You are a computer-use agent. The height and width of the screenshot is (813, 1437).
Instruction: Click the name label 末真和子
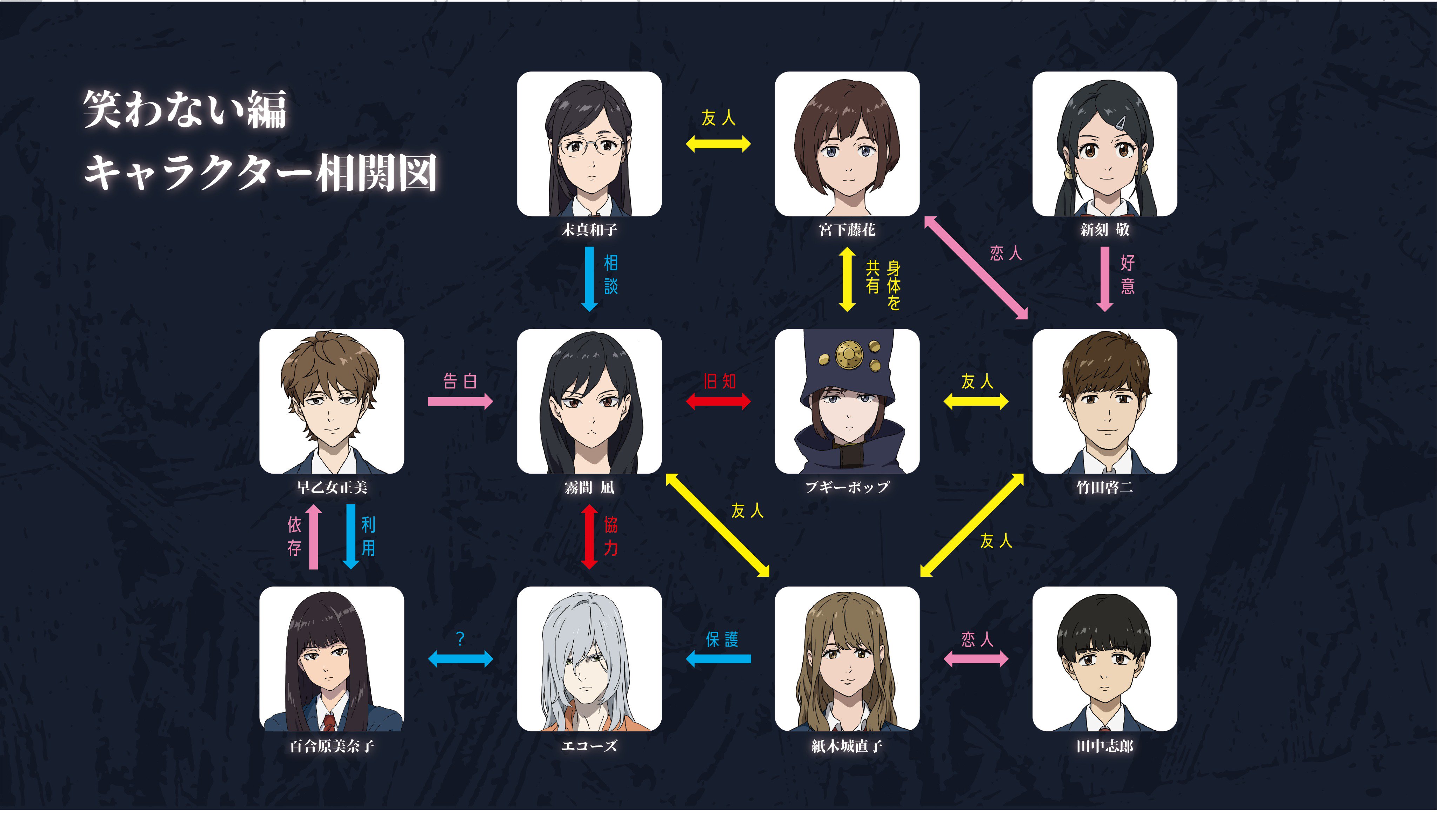tap(589, 230)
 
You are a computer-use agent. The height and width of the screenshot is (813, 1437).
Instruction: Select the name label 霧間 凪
tap(589, 487)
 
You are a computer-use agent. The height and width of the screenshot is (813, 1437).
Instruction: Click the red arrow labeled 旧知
tap(718, 401)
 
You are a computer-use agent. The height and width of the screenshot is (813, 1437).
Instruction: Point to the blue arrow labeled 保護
tap(718, 659)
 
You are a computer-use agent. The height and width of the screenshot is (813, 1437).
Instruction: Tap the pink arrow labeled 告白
tap(460, 401)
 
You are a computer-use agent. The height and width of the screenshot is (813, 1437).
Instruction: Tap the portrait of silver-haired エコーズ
tap(589, 659)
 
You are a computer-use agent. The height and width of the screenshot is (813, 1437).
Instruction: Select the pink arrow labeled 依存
tap(313, 537)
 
